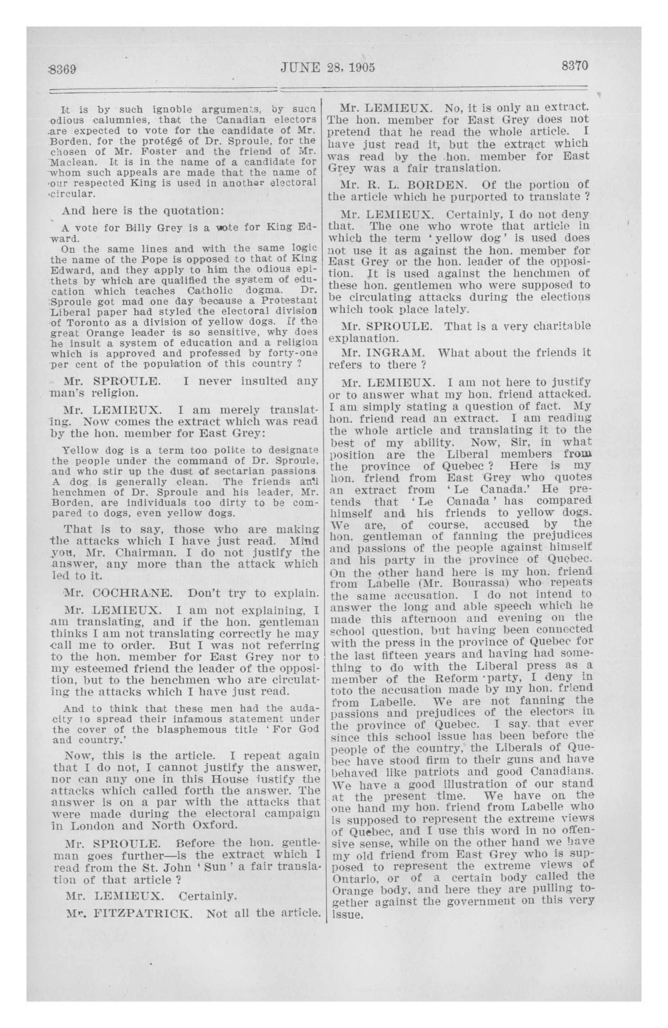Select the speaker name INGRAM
coord(392,353)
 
